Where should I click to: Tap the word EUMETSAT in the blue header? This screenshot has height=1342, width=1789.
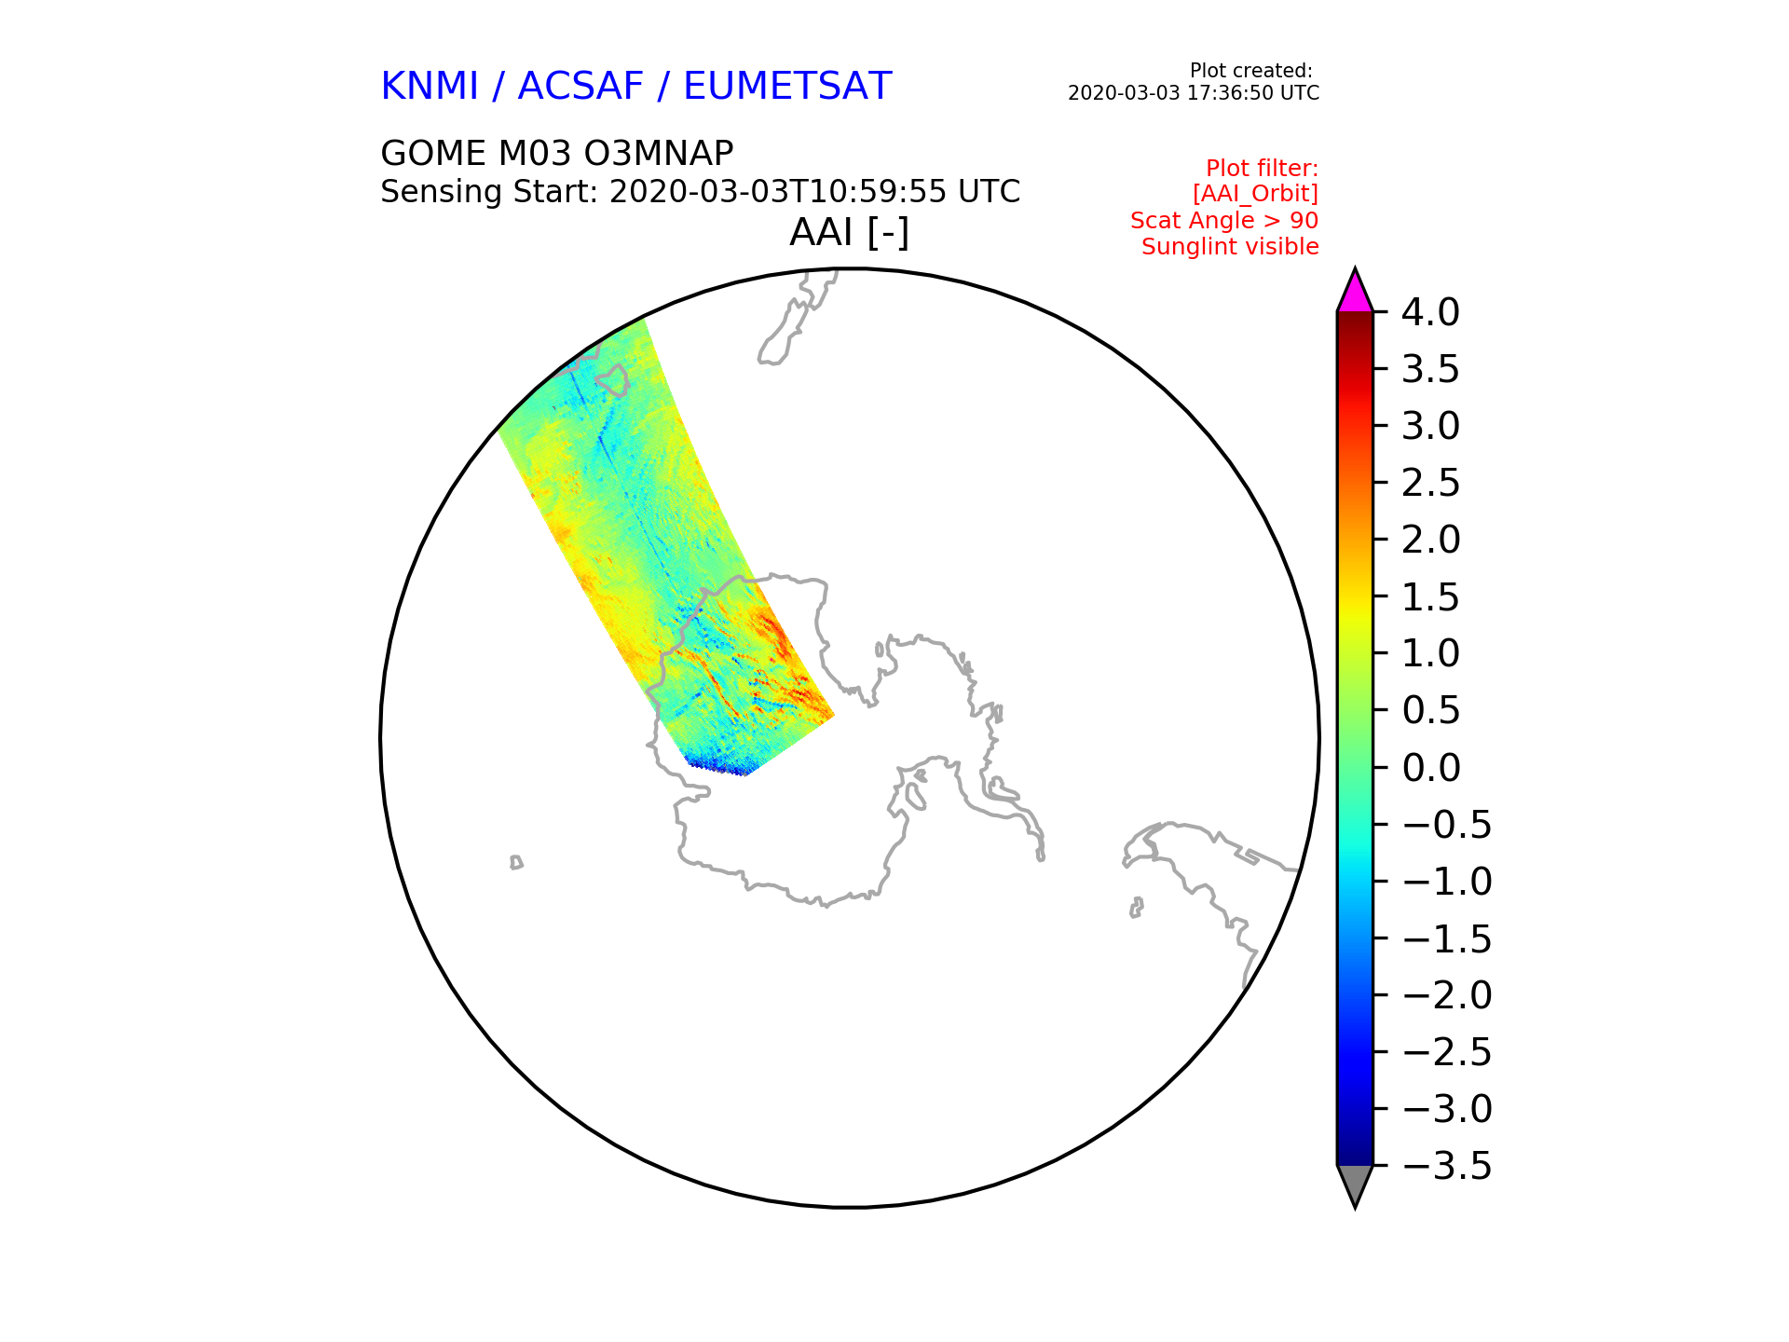[x=787, y=87]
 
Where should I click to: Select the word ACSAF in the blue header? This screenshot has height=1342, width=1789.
[x=580, y=87]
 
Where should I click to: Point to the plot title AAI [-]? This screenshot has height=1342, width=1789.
[x=849, y=232]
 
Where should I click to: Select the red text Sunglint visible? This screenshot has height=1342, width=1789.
[x=1230, y=247]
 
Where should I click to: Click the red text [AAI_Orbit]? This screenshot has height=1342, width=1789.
[x=1255, y=194]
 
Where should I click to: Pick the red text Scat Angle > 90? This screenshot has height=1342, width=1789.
[x=1224, y=221]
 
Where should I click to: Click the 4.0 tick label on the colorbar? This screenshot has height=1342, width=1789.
[x=1430, y=312]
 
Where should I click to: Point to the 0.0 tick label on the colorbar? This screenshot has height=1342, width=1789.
[x=1430, y=768]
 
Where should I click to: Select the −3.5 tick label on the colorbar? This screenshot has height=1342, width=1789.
[x=1447, y=1166]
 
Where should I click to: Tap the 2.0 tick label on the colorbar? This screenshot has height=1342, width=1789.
[x=1430, y=540]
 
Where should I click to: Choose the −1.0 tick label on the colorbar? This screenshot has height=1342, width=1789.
[x=1447, y=882]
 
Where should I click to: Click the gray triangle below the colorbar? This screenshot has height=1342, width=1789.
[x=1355, y=1183]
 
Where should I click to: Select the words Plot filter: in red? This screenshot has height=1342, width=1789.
[x=1263, y=169]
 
